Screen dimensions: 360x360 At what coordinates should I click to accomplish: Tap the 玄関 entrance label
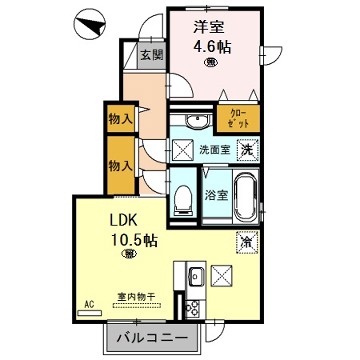point(150,56)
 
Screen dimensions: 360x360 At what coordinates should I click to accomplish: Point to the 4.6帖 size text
point(211,47)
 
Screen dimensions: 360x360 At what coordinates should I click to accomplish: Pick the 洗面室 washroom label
point(214,149)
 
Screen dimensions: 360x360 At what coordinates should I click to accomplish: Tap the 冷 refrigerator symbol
point(244,240)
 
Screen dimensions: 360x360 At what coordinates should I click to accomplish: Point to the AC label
point(88,304)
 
